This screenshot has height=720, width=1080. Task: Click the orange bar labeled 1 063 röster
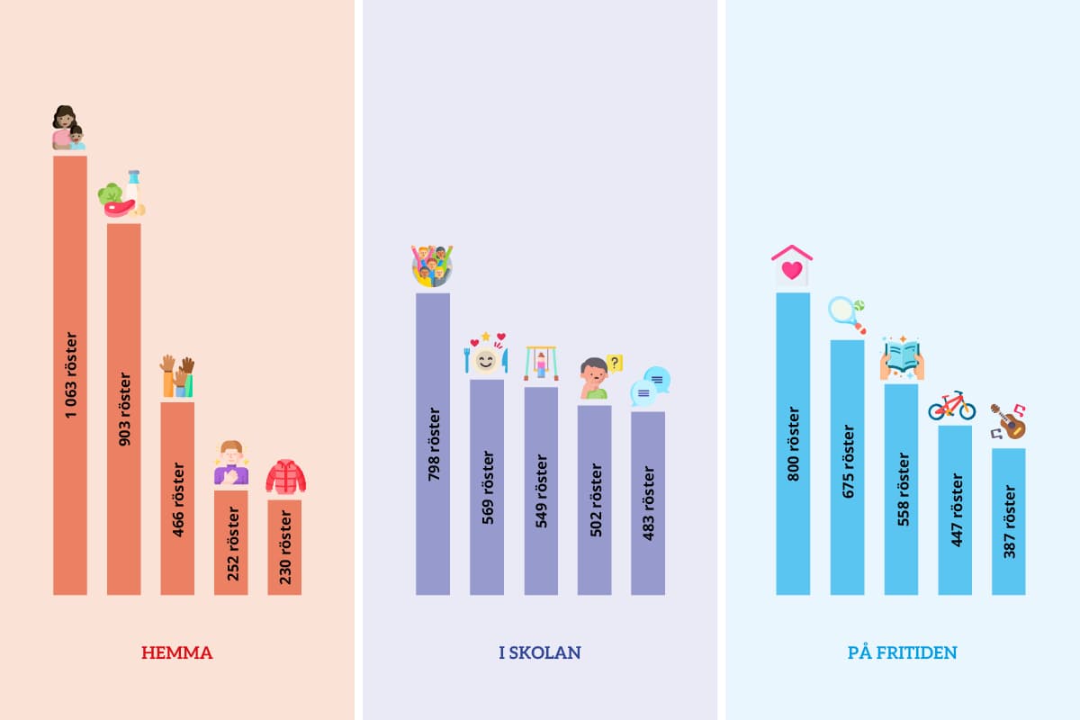coord(70,375)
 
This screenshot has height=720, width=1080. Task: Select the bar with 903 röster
coord(124,409)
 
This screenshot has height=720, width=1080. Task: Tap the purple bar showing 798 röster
coord(433,444)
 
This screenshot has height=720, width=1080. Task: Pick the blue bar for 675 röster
coord(847,467)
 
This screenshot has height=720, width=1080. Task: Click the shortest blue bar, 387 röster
coord(1009,521)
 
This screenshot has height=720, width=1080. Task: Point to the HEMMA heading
coord(177,652)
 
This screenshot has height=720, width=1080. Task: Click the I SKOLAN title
coord(539,652)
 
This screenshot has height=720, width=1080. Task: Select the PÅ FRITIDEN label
coord(902,652)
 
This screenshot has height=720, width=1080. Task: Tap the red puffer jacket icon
coord(286,477)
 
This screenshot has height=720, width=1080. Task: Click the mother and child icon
coord(68,128)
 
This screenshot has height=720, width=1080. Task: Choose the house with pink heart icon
coord(792,265)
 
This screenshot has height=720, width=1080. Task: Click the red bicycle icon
coord(952,406)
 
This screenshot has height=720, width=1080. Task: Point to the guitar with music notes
coord(1009,421)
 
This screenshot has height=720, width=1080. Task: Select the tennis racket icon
coord(847,315)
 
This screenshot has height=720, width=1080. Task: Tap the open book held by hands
coord(902,359)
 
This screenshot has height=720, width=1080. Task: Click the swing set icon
coord(541,363)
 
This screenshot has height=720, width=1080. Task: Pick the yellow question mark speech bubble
coord(615,363)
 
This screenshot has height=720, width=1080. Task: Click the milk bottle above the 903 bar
coord(133,187)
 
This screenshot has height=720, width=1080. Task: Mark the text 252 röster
coord(232,544)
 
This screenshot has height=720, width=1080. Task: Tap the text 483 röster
coord(649,503)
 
